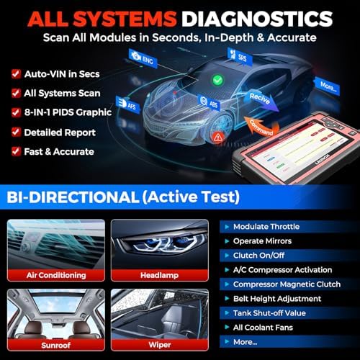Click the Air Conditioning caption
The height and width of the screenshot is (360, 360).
(57, 274)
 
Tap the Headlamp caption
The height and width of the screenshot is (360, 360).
(163, 274)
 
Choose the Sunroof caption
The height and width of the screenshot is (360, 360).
(57, 344)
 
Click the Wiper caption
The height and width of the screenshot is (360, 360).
(163, 344)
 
